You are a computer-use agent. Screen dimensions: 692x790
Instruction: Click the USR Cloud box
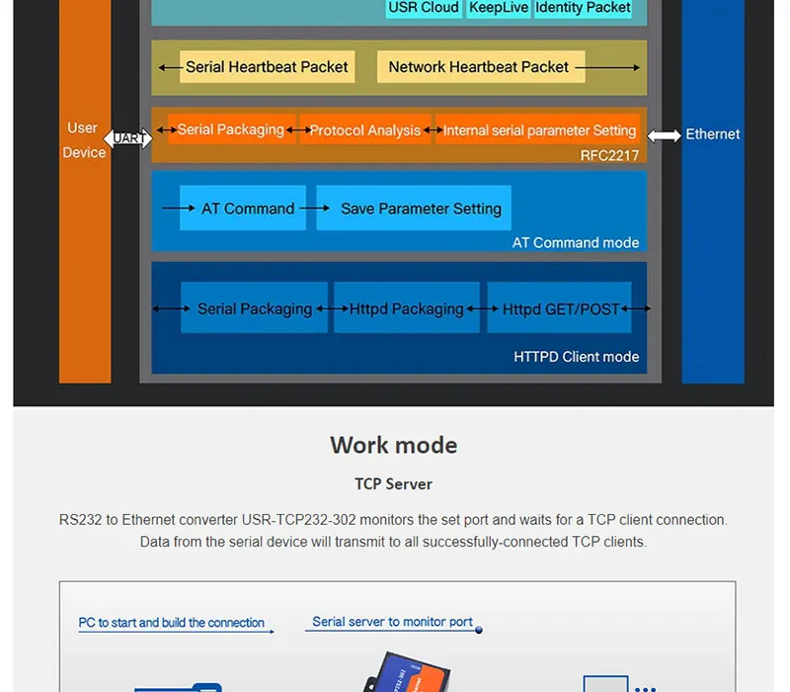tap(424, 8)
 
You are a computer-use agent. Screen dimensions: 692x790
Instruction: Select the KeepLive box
tap(499, 8)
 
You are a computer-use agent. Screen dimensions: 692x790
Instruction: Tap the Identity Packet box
tap(583, 8)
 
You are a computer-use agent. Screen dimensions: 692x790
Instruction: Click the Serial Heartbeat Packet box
tap(267, 67)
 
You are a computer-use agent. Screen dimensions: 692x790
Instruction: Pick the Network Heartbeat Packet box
tap(479, 67)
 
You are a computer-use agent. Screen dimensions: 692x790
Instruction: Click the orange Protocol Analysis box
tap(365, 130)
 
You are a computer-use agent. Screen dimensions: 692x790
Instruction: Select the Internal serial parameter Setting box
tap(538, 130)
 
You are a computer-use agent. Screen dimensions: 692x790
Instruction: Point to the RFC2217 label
tap(609, 155)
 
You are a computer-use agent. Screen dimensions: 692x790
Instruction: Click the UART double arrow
tap(128, 138)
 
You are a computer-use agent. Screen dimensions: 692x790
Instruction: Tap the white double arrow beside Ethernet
tap(665, 135)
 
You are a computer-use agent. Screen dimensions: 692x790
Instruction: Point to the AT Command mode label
tap(576, 242)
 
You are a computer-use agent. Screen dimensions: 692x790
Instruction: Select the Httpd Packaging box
tap(406, 308)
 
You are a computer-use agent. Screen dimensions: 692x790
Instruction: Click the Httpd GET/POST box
tap(561, 308)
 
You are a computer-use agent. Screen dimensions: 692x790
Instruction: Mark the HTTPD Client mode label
tap(577, 357)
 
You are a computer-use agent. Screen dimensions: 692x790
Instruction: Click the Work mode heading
tap(393, 445)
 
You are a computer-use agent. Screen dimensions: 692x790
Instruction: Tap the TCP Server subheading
tap(393, 484)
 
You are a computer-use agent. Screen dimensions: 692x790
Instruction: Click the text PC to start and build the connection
tap(172, 623)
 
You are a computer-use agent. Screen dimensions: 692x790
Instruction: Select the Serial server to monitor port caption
tap(393, 622)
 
